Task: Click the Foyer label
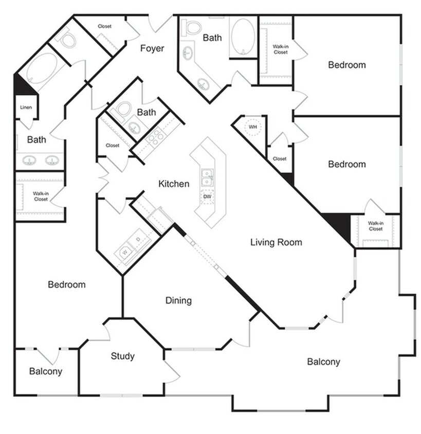[x=152, y=48]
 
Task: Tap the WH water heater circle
[x=252, y=127]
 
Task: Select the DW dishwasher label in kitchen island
[x=207, y=196]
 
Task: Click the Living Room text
[x=276, y=242]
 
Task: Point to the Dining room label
[x=178, y=300]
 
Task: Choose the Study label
[x=123, y=356]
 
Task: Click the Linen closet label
[x=26, y=107]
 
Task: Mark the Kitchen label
[x=174, y=184]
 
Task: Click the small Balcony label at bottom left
[x=45, y=371]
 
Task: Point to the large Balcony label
[x=323, y=361]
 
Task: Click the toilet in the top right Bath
[x=192, y=27]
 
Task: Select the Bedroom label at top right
[x=347, y=65]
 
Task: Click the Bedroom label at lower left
[x=66, y=284]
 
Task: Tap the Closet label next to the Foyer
[x=104, y=26]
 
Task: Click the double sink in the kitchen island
[x=207, y=177]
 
